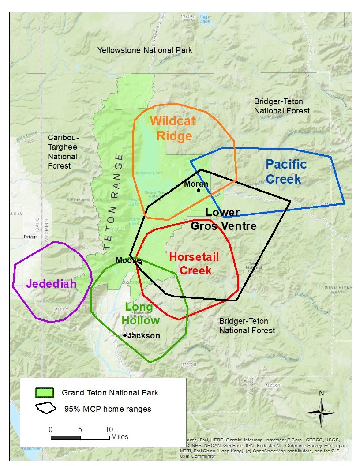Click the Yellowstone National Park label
tap(145, 50)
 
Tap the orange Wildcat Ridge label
tap(172, 128)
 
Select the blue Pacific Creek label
tap(286, 172)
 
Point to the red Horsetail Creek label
tap(194, 263)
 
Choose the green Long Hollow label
tap(139, 314)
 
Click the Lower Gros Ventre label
tap(223, 219)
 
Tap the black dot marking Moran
tap(199, 190)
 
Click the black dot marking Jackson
tap(125, 335)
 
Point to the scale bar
tap(80, 437)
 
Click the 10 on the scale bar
tap(109, 429)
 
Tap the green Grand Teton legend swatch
tap(45, 392)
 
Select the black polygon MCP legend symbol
tap(46, 408)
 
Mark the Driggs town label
tap(30, 237)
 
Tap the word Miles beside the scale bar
tap(120, 437)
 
